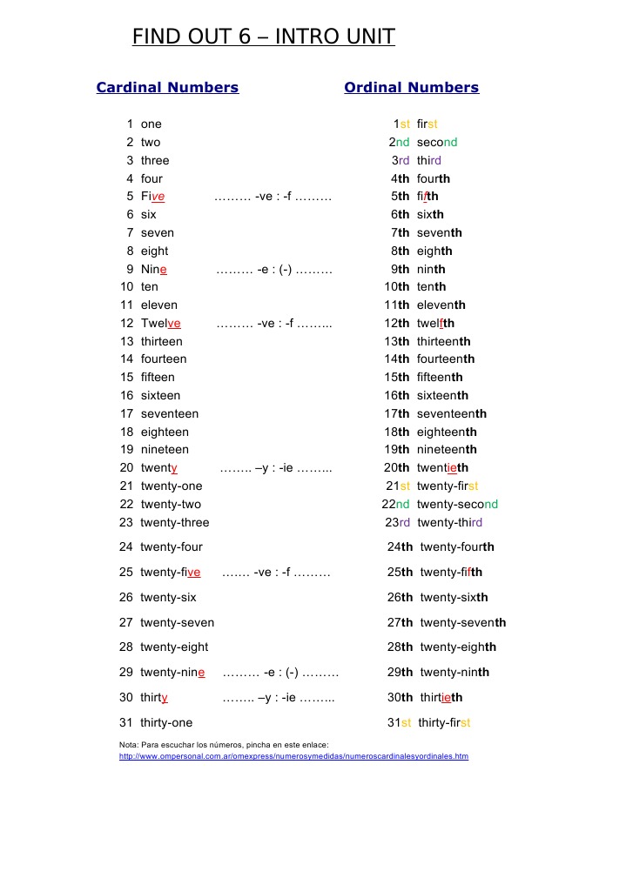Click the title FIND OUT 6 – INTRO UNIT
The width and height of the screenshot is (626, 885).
point(263,37)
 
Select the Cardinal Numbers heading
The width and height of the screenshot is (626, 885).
point(167,87)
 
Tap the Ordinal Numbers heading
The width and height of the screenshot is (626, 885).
point(411,87)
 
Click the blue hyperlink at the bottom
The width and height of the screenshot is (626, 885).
point(293,756)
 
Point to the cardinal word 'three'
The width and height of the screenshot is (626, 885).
point(155,160)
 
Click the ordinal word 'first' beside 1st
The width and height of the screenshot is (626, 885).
point(427,124)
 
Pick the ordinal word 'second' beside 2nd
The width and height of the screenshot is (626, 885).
point(436,142)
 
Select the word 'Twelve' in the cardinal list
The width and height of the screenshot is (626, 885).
point(160,323)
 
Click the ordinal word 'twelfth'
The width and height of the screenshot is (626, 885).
point(435,323)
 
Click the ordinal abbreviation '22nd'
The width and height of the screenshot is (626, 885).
point(395,505)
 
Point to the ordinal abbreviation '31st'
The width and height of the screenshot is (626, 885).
point(399,722)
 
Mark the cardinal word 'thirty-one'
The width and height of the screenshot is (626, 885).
point(166,722)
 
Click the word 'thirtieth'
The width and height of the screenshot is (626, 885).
point(441,697)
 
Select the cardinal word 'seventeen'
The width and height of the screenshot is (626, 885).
point(169,413)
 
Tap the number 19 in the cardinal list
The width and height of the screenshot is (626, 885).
point(126,450)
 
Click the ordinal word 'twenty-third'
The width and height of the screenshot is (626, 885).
point(449,523)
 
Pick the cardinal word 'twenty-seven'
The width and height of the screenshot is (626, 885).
point(177,622)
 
